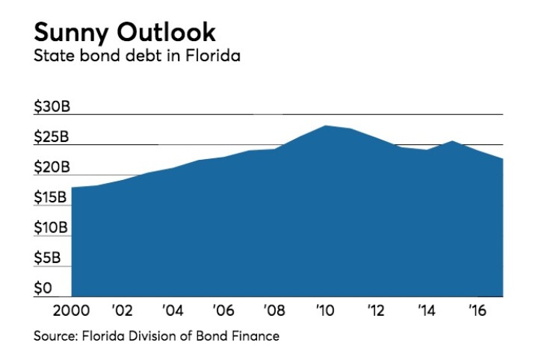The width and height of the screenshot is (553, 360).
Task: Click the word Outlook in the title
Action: (170, 32)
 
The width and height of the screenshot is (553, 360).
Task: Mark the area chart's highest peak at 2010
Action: (326, 125)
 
